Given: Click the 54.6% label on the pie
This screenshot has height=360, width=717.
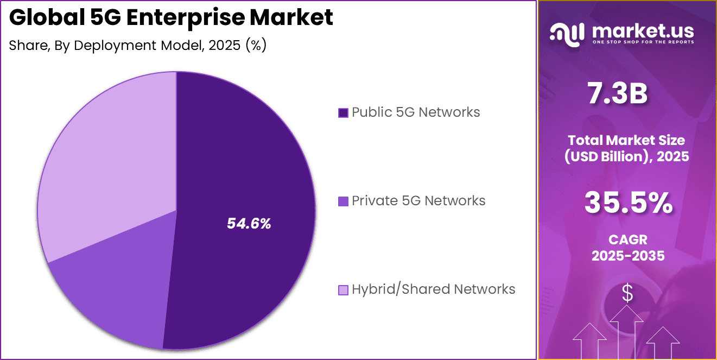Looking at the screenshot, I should pyautogui.click(x=249, y=223).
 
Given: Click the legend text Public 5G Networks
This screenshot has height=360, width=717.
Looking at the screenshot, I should pyautogui.click(x=415, y=112).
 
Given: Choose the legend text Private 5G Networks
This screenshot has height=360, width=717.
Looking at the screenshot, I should pyautogui.click(x=418, y=201).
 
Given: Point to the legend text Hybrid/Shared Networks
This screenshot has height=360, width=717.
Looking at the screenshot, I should pyautogui.click(x=433, y=289).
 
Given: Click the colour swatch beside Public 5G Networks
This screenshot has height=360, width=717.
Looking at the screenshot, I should pyautogui.click(x=343, y=113).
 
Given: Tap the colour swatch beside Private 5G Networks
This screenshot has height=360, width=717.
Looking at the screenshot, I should pyautogui.click(x=343, y=201).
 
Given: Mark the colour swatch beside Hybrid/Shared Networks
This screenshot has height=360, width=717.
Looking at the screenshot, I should pyautogui.click(x=343, y=290).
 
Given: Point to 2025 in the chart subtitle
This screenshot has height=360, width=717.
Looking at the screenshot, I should pyautogui.click(x=223, y=46).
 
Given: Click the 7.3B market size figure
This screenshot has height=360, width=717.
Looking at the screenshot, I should pyautogui.click(x=618, y=93).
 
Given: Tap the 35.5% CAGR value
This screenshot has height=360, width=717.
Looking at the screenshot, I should pyautogui.click(x=628, y=204).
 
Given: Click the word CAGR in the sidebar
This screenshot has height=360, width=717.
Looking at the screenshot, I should pyautogui.click(x=628, y=239).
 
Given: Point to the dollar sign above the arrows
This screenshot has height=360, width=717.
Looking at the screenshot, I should pyautogui.click(x=627, y=294).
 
